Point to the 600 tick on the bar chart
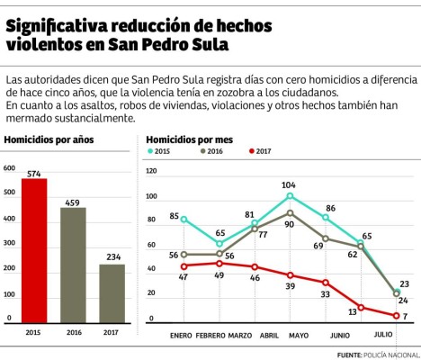[x=9, y=168]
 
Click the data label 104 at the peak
[x=289, y=184]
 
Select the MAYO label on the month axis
[x=299, y=336]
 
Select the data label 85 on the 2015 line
[x=174, y=216]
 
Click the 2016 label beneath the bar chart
[x=73, y=331]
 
